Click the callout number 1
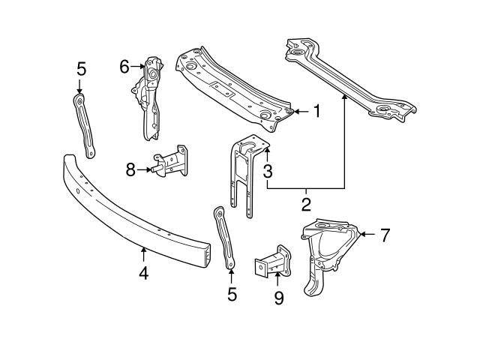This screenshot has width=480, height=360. point(316,112)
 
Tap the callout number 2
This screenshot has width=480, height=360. point(306,203)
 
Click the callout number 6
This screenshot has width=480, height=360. point(124,67)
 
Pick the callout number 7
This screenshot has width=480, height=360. point(384,235)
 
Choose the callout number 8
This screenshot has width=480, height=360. point(130,170)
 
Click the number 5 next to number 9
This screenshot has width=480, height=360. point(232,295)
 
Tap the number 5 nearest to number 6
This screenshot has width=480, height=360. point(82,69)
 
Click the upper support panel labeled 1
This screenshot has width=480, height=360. point(232,86)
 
